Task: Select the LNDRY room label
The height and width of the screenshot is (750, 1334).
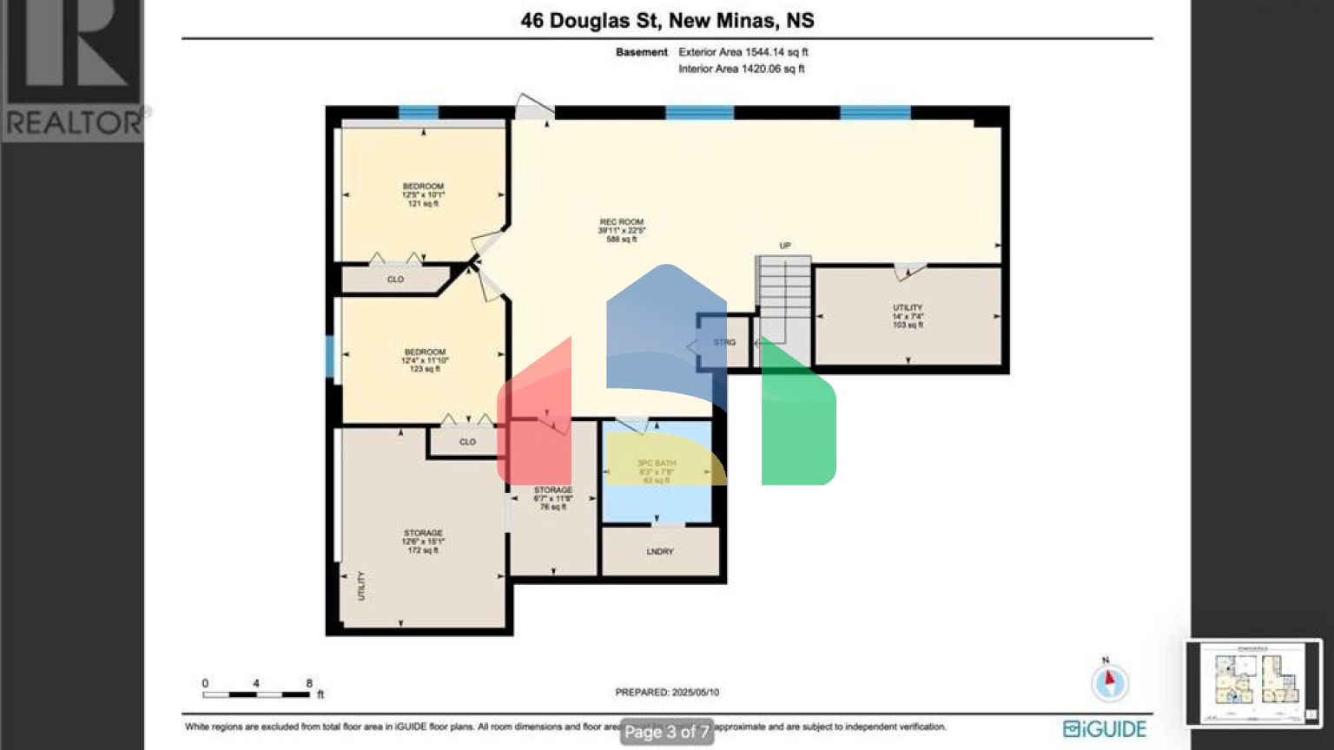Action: pyautogui.click(x=660, y=551)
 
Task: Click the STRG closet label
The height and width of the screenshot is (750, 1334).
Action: pyautogui.click(x=724, y=343)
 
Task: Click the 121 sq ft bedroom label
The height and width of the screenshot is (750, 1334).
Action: pyautogui.click(x=423, y=194)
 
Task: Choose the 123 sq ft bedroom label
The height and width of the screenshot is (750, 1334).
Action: pyautogui.click(x=425, y=360)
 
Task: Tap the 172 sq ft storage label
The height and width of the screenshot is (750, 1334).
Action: pyautogui.click(x=423, y=541)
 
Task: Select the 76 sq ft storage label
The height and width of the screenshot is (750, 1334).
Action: pyautogui.click(x=553, y=498)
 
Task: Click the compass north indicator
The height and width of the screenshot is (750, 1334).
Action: pyautogui.click(x=1110, y=681)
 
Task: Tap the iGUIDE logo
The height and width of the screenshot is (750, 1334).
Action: pyautogui.click(x=1105, y=728)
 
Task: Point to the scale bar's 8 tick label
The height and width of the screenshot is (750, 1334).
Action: pyautogui.click(x=309, y=683)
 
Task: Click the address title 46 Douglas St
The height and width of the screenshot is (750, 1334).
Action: pyautogui.click(x=667, y=20)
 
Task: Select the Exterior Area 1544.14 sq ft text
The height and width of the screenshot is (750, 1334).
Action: pyautogui.click(x=743, y=52)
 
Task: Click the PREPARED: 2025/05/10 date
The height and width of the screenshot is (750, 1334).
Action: pyautogui.click(x=667, y=692)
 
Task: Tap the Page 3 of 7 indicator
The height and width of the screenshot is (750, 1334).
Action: pyautogui.click(x=667, y=732)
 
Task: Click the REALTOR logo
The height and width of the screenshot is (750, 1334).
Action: pyautogui.click(x=73, y=69)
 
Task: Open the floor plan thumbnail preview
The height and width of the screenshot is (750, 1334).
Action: pyautogui.click(x=1253, y=683)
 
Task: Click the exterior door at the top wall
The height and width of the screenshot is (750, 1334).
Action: pyautogui.click(x=533, y=108)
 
